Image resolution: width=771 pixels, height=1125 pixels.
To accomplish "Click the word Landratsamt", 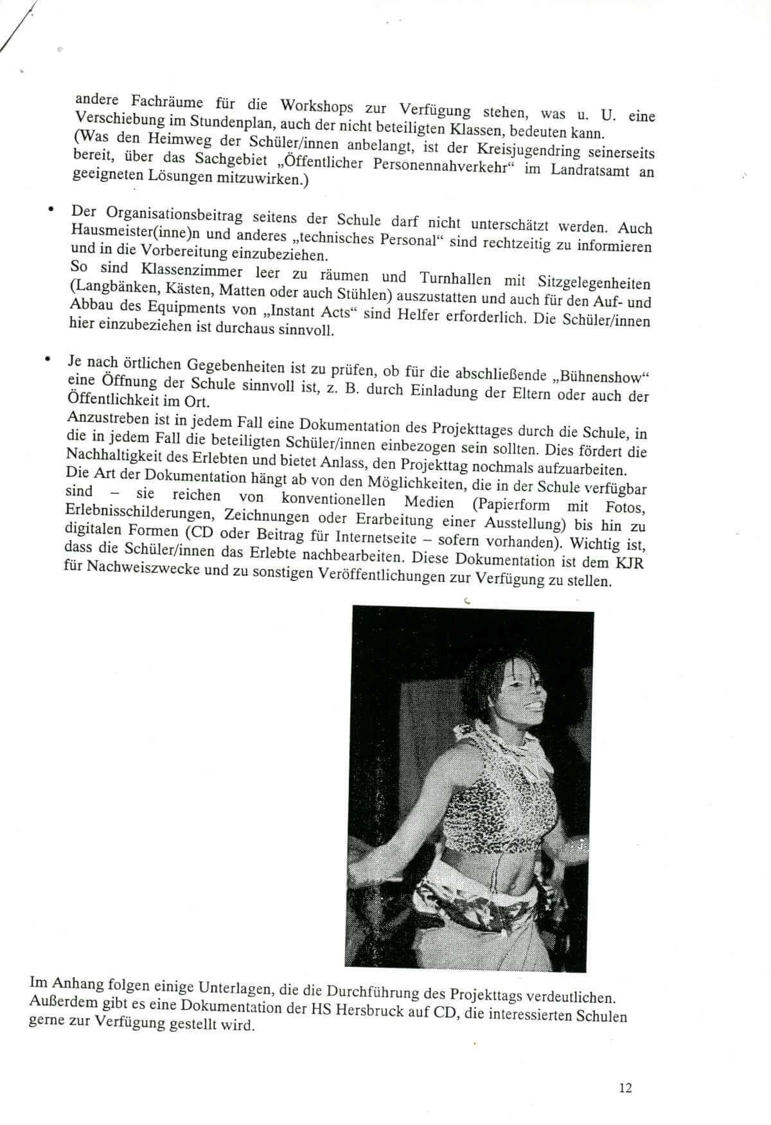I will click(x=585, y=172).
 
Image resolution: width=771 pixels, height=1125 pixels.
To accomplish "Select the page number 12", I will click(x=625, y=1087).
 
